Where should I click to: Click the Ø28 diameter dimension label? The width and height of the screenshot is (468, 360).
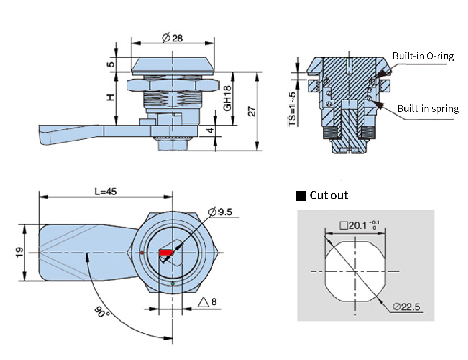click(172, 38)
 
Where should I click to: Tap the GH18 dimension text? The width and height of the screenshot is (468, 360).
click(227, 98)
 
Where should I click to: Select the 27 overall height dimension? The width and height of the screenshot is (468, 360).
click(252, 111)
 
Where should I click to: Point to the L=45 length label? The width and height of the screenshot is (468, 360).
click(106, 191)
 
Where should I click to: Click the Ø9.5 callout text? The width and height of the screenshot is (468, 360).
click(220, 212)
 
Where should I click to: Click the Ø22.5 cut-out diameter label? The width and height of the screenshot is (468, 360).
click(407, 307)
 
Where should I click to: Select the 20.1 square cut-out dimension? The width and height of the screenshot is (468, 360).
click(359, 226)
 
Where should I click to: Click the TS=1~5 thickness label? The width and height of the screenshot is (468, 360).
click(292, 109)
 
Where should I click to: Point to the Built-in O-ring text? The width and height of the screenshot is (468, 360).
click(423, 56)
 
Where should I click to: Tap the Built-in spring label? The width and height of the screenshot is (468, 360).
click(428, 109)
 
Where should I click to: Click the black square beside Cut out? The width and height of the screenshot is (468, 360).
click(301, 196)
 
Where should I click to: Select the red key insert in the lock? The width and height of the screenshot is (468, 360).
click(166, 253)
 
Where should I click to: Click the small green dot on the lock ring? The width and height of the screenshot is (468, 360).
click(173, 284)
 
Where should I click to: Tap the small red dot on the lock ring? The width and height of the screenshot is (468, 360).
click(142, 253)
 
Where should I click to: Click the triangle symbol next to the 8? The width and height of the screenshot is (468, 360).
click(203, 302)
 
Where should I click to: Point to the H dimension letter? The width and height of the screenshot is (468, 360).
click(110, 98)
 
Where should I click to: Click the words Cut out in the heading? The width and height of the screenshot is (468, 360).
click(329, 196)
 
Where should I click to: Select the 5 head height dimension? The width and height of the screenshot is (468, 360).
click(110, 64)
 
